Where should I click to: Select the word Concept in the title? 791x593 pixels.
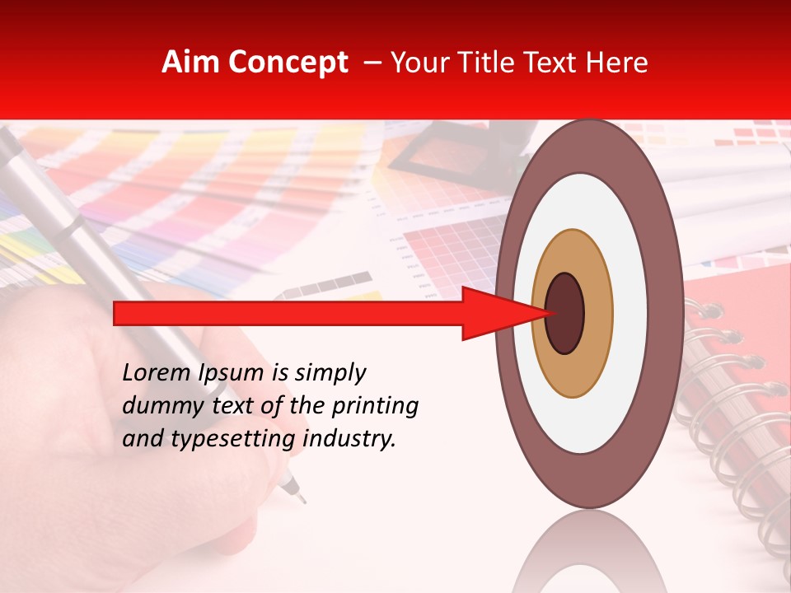click(287, 63)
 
